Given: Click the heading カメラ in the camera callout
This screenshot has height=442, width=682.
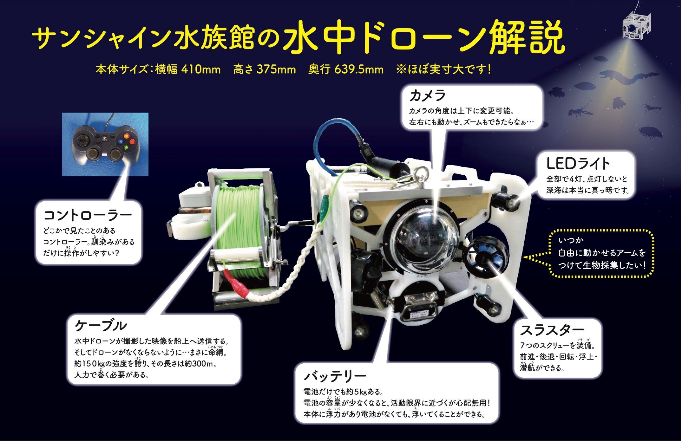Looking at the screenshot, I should click(x=427, y=95).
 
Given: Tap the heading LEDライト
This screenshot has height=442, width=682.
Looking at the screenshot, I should click(x=578, y=164).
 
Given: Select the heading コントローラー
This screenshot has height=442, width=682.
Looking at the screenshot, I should click(x=87, y=215).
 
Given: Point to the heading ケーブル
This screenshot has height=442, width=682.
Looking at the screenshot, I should click(x=101, y=325).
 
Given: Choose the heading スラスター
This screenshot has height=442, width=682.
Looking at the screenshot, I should click(x=552, y=330).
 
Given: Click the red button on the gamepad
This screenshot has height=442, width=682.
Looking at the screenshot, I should click(x=126, y=134).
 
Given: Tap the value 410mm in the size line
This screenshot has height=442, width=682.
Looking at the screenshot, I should click(x=201, y=69).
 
